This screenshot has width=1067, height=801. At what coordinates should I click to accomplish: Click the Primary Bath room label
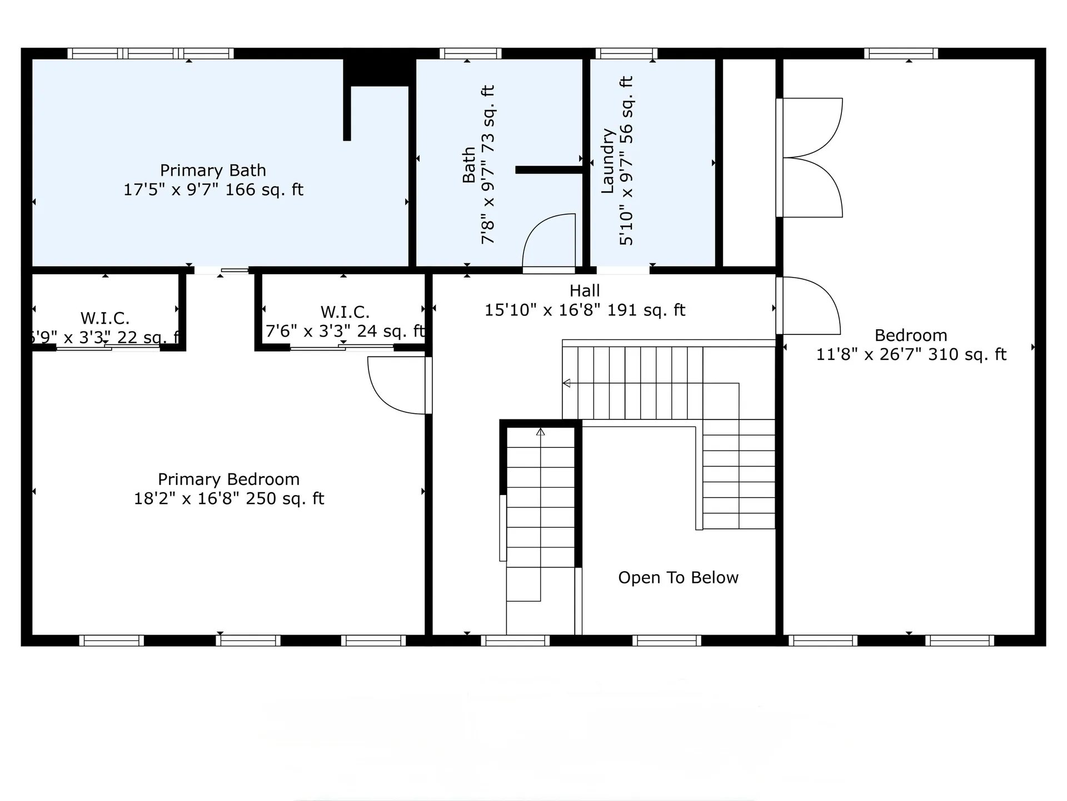coord(213,170)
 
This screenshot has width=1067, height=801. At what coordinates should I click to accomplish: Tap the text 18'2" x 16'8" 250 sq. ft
coord(228,498)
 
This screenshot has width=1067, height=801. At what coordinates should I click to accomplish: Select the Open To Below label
coord(678,578)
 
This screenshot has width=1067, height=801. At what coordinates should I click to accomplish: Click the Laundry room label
coord(607,161)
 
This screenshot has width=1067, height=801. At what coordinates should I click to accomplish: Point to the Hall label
coord(585,291)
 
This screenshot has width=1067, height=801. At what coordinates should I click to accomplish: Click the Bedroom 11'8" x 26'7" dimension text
coord(911,355)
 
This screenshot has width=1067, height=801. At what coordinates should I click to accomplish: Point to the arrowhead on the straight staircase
coord(540,432)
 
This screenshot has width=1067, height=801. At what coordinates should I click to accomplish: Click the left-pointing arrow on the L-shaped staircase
coord(566,383)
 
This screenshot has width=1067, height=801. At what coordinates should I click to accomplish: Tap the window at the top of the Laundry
coord(626,54)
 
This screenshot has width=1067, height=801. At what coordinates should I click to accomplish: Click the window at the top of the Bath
coord(470,54)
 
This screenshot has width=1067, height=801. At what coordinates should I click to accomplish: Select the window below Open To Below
coord(666,641)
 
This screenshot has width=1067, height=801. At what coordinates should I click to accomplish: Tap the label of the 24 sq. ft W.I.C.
coord(345,312)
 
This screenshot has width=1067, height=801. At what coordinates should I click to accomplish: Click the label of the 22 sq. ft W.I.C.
coord(105,319)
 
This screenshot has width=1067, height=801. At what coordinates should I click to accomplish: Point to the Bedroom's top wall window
coord(900,54)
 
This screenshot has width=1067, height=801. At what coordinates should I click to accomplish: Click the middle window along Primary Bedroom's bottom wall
coord(248,641)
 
